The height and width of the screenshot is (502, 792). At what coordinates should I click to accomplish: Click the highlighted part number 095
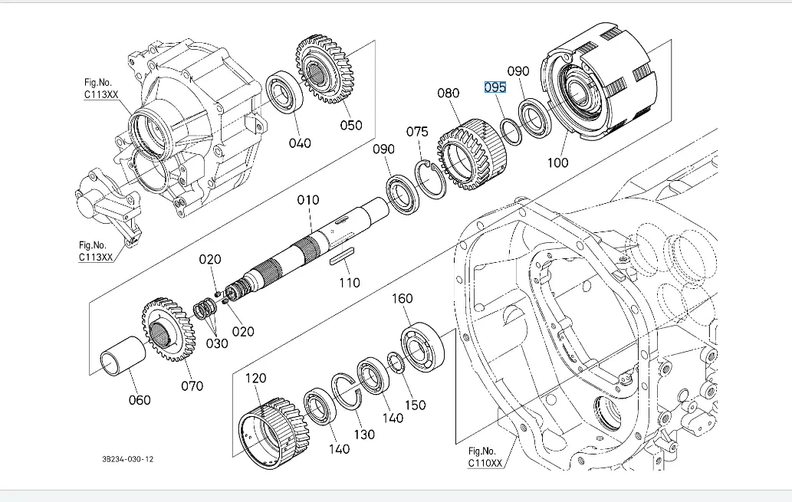495,87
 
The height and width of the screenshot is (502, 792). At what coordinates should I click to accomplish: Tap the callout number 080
449,94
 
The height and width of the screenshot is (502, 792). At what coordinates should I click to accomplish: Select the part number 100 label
557,162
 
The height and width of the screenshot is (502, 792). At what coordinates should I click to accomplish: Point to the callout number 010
308,201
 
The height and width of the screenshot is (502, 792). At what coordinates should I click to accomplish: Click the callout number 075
417,132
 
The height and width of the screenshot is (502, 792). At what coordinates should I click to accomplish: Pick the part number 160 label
403,298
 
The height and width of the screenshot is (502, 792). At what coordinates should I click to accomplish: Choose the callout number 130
364,435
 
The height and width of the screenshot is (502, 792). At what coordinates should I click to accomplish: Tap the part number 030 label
217,343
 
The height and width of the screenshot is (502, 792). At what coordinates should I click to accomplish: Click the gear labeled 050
323,70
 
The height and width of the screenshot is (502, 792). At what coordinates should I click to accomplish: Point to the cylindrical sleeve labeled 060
125,356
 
